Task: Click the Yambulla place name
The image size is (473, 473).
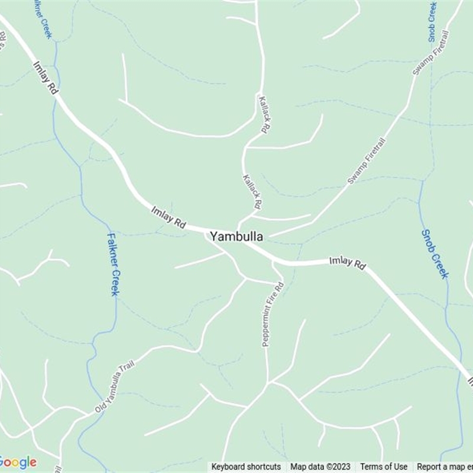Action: [x=237, y=237]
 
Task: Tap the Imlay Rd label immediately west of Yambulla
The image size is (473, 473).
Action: [x=169, y=218]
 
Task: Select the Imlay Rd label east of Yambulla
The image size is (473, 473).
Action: [x=348, y=263]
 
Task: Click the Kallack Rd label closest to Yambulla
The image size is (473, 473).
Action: [x=252, y=192]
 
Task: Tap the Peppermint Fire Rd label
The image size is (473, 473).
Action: [x=273, y=314]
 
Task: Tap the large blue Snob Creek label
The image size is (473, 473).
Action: [x=435, y=254]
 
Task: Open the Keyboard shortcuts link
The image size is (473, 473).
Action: [x=246, y=467]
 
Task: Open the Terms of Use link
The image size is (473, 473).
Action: [x=384, y=467]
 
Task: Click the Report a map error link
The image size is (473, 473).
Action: [x=445, y=467]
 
